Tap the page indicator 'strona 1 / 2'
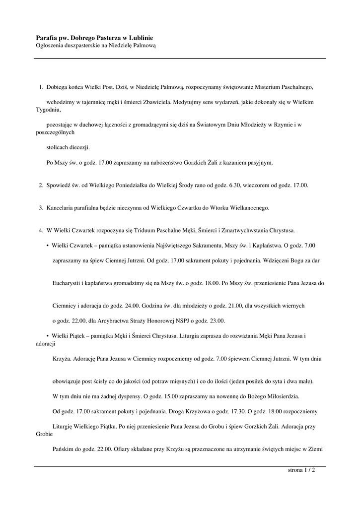coord(301,470)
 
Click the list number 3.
coord(41,208)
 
